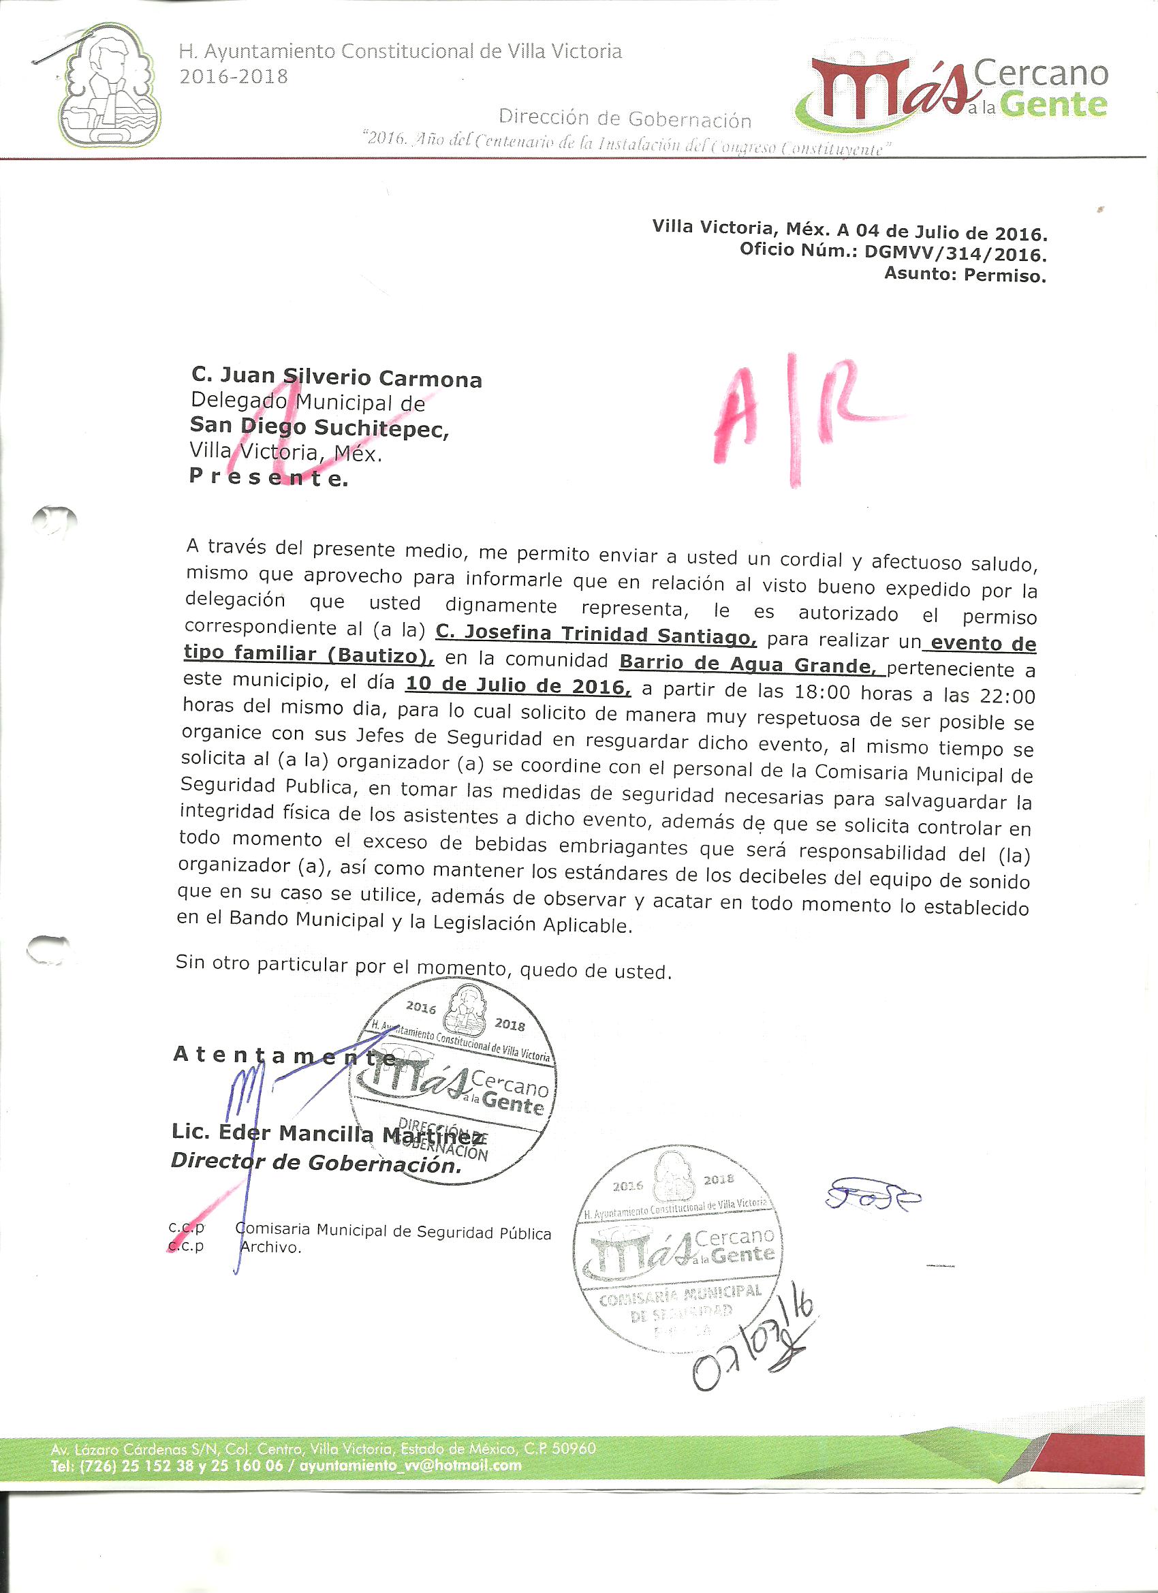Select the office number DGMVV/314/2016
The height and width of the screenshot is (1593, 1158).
click(x=956, y=253)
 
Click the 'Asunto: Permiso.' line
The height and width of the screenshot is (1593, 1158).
click(x=965, y=275)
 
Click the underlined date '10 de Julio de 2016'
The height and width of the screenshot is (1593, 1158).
click(x=518, y=685)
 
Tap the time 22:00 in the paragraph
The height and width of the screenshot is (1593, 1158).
click(x=1010, y=696)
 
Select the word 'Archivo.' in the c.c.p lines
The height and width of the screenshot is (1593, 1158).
click(x=270, y=1248)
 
